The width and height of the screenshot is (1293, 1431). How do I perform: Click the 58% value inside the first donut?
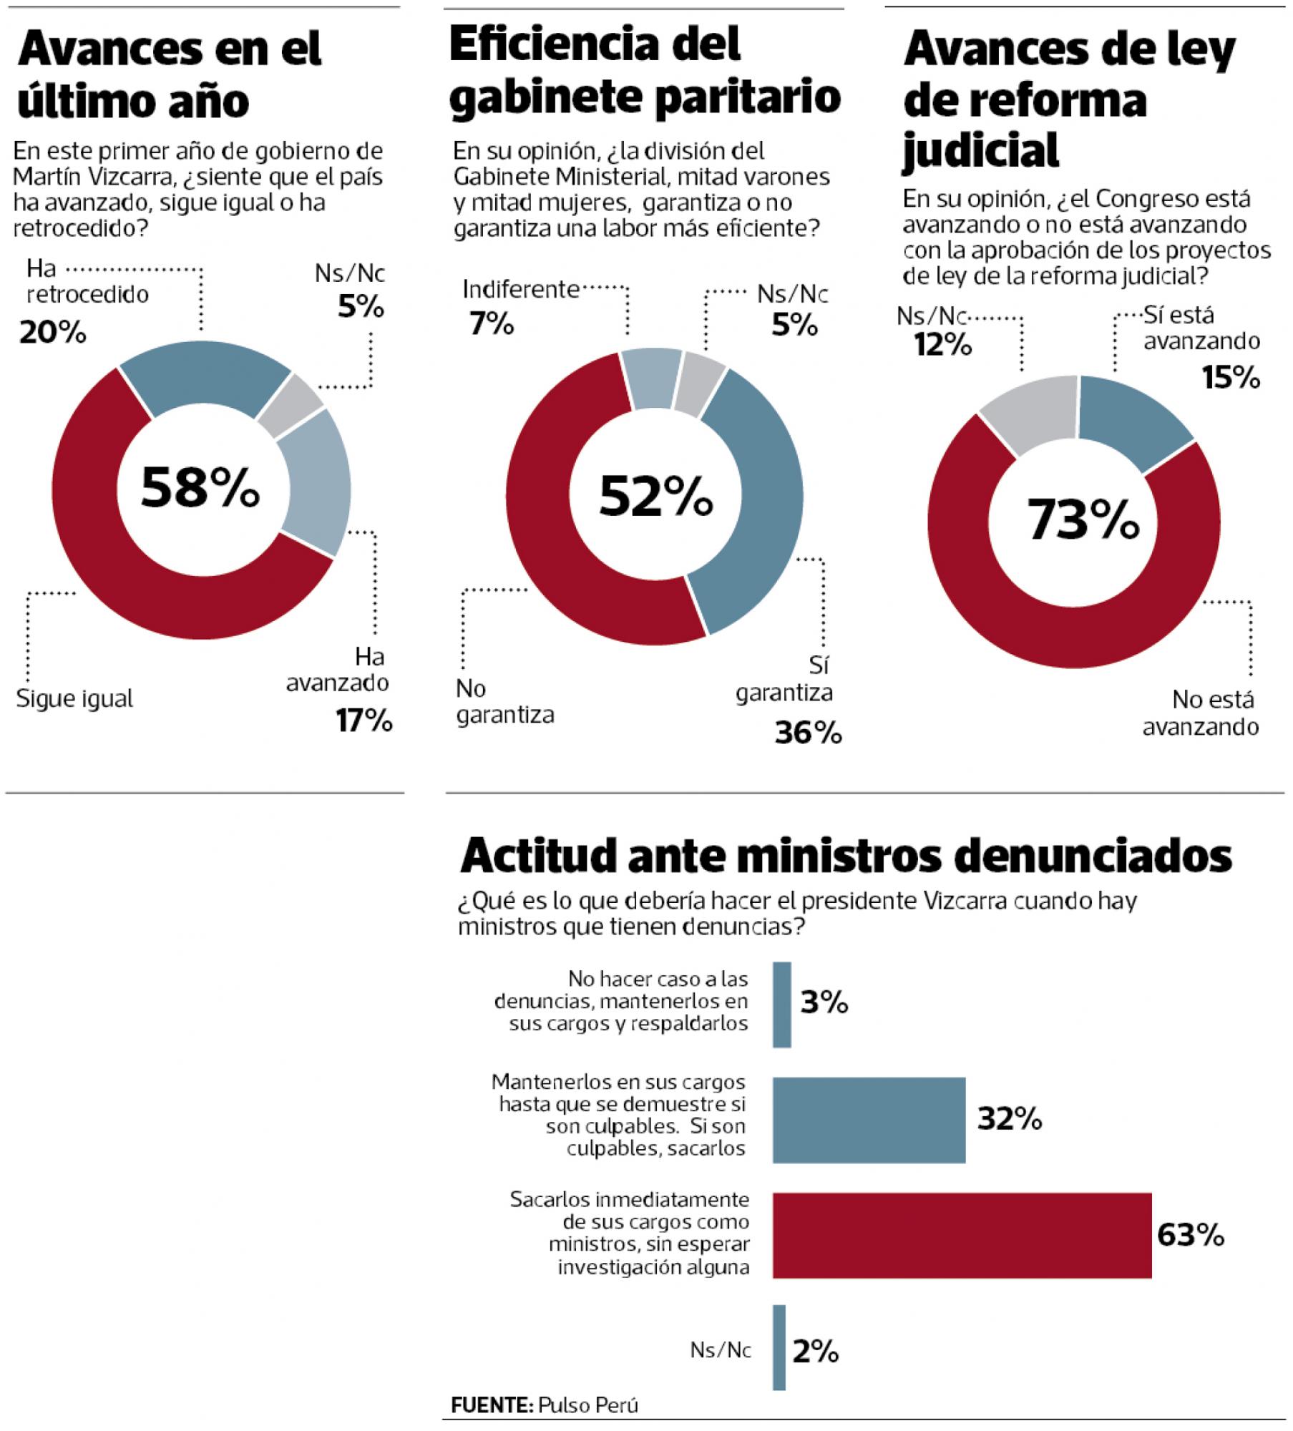coord(200,487)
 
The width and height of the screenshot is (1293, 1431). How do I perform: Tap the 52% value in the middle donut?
coord(655,497)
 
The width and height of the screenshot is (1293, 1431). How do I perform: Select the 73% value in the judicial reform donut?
coord(1083,520)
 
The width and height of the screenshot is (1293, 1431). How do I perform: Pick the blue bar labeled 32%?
coord(869,1120)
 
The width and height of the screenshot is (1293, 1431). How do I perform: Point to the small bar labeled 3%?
coord(782,1005)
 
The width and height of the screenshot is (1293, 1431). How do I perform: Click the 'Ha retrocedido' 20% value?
coord(53,333)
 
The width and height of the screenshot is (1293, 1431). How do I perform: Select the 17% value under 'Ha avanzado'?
coord(365,721)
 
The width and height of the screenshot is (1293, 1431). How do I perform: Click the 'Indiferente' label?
coord(521,290)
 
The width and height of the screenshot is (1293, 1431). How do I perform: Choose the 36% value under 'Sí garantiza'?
coord(808,733)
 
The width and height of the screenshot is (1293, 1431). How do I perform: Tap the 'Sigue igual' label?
coord(74,698)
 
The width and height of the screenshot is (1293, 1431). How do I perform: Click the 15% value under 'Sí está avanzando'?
coord(1231,377)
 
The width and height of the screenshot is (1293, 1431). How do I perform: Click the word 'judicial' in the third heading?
coord(980,150)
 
